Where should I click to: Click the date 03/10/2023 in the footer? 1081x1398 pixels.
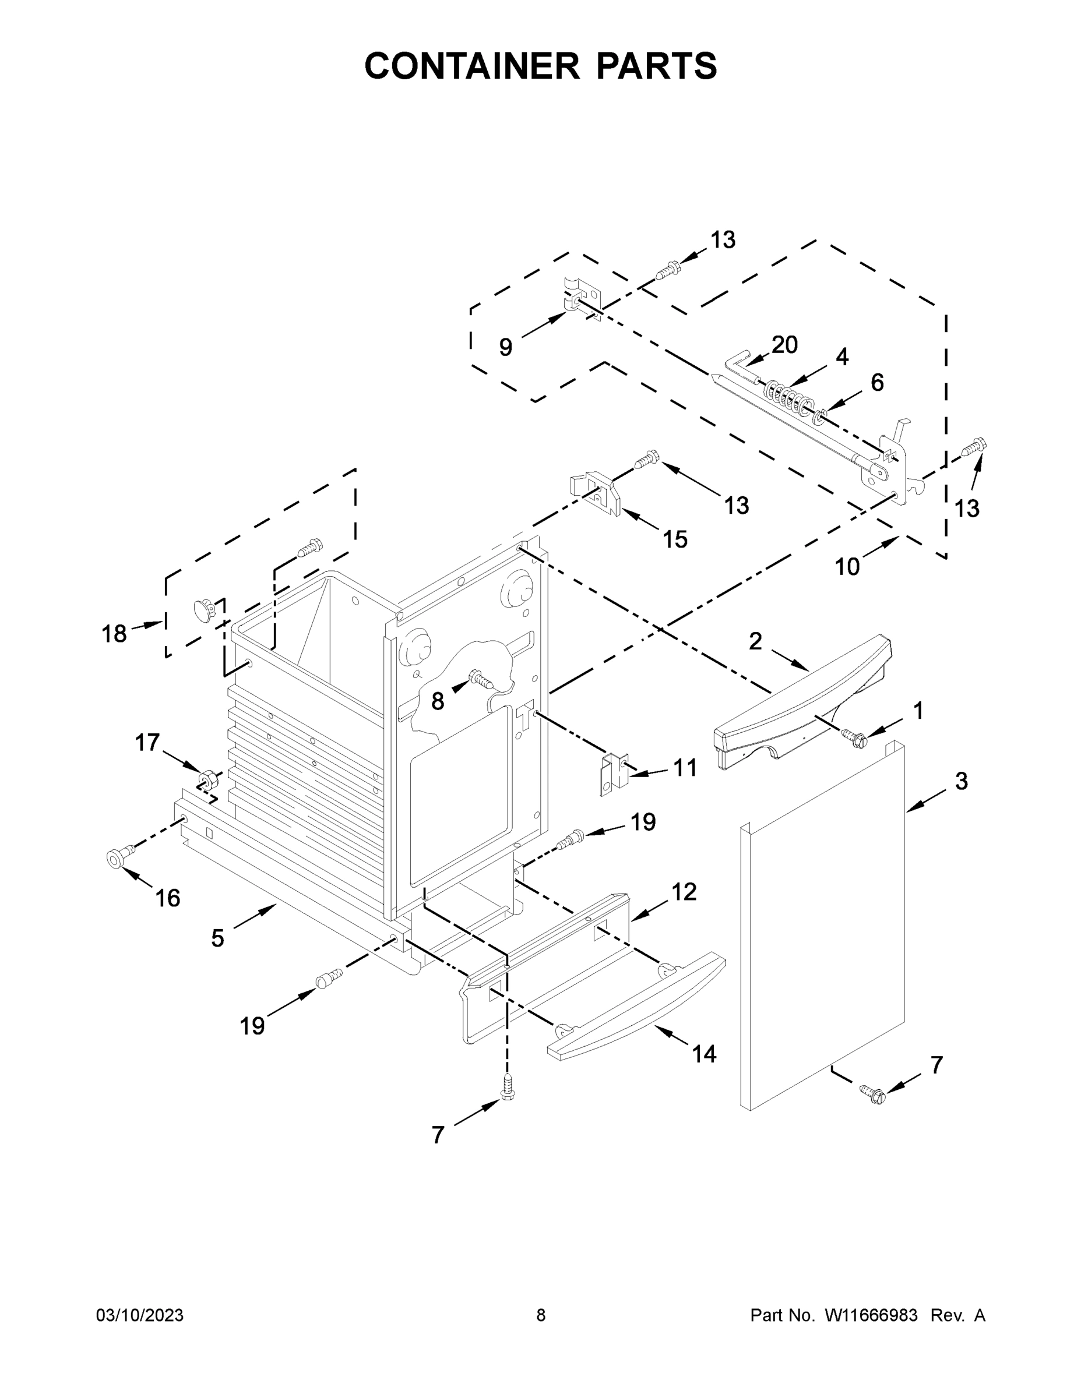140,1315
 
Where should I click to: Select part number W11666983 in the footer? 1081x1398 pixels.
871,1315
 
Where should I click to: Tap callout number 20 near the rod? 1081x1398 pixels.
784,345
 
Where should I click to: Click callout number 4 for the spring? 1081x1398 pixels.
841,357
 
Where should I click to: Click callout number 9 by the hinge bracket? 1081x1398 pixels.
506,348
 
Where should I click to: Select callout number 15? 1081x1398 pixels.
675,539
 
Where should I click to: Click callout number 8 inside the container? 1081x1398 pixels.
438,701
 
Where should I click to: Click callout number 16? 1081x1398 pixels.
168,898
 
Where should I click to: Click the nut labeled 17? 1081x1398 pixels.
206,779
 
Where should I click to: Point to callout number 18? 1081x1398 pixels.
115,634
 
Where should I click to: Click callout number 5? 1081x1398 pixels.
218,938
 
